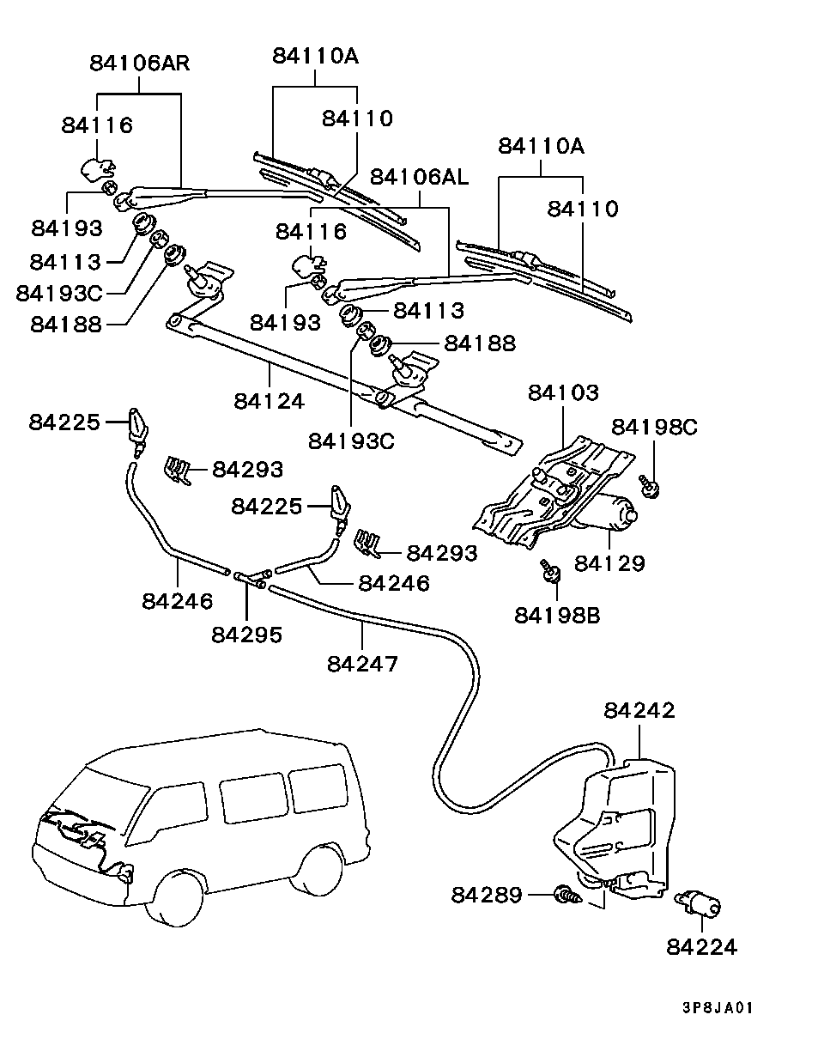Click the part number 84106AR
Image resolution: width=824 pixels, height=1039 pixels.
click(x=139, y=63)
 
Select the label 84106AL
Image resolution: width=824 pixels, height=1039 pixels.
click(x=419, y=177)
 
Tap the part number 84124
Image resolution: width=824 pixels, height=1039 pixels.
click(x=269, y=400)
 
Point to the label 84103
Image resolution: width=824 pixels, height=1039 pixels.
click(x=562, y=393)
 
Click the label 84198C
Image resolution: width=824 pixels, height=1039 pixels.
click(x=655, y=427)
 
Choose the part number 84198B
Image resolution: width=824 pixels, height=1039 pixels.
click(x=557, y=615)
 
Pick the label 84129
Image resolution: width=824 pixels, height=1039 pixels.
click(x=609, y=563)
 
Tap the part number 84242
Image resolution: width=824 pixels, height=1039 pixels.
click(x=639, y=711)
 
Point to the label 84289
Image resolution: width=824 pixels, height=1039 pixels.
click(x=487, y=896)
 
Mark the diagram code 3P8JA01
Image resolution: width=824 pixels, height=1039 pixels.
click(x=718, y=1008)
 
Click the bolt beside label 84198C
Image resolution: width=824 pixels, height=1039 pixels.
click(x=650, y=487)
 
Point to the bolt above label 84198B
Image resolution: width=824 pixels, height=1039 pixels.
click(x=549, y=568)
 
